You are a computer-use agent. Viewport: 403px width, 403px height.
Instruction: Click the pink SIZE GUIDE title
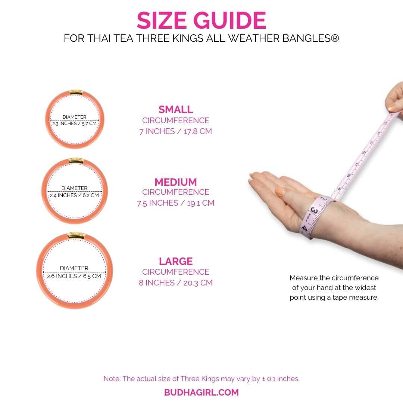(x=201, y=20)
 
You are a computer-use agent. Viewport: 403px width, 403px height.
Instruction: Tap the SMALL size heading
(x=176, y=109)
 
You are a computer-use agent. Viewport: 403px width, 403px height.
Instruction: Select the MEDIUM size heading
(x=176, y=182)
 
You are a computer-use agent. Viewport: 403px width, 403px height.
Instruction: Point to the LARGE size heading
(x=176, y=261)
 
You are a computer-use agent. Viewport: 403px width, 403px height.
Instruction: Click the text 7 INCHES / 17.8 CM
(x=176, y=131)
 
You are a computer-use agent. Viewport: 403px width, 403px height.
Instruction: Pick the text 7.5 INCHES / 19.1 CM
(x=176, y=203)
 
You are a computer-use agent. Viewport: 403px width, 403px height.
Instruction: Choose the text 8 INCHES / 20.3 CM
(x=176, y=283)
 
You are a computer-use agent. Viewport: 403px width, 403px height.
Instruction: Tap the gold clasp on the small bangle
(x=76, y=92)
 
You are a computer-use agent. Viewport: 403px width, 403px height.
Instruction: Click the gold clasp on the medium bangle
(x=76, y=160)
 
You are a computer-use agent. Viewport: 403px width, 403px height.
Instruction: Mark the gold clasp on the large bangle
(x=76, y=235)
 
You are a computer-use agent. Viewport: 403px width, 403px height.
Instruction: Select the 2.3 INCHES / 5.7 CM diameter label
(x=75, y=124)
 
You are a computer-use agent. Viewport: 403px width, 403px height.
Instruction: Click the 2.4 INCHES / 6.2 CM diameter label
(x=75, y=195)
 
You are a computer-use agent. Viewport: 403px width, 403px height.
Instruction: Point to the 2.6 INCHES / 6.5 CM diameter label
(x=74, y=276)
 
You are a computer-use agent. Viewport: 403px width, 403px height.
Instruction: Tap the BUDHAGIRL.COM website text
(x=201, y=393)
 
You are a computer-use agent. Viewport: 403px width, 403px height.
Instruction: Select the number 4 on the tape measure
(x=305, y=228)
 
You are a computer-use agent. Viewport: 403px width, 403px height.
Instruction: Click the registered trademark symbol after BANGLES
(x=335, y=38)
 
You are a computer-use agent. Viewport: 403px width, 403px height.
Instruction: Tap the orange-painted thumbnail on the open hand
(x=280, y=192)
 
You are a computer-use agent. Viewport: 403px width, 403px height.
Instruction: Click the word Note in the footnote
(x=112, y=379)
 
